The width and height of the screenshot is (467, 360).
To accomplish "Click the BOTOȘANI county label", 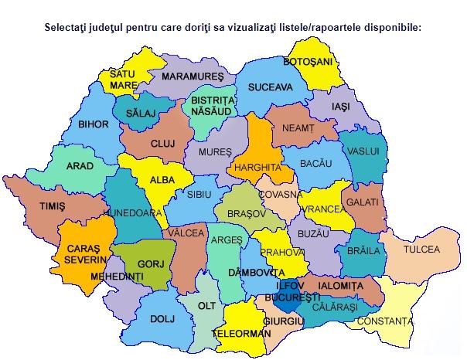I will [x=307, y=61].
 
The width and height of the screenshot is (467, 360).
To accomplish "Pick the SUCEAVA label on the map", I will [x=270, y=88].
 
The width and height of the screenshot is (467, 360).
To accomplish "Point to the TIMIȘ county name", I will [x=53, y=206].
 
